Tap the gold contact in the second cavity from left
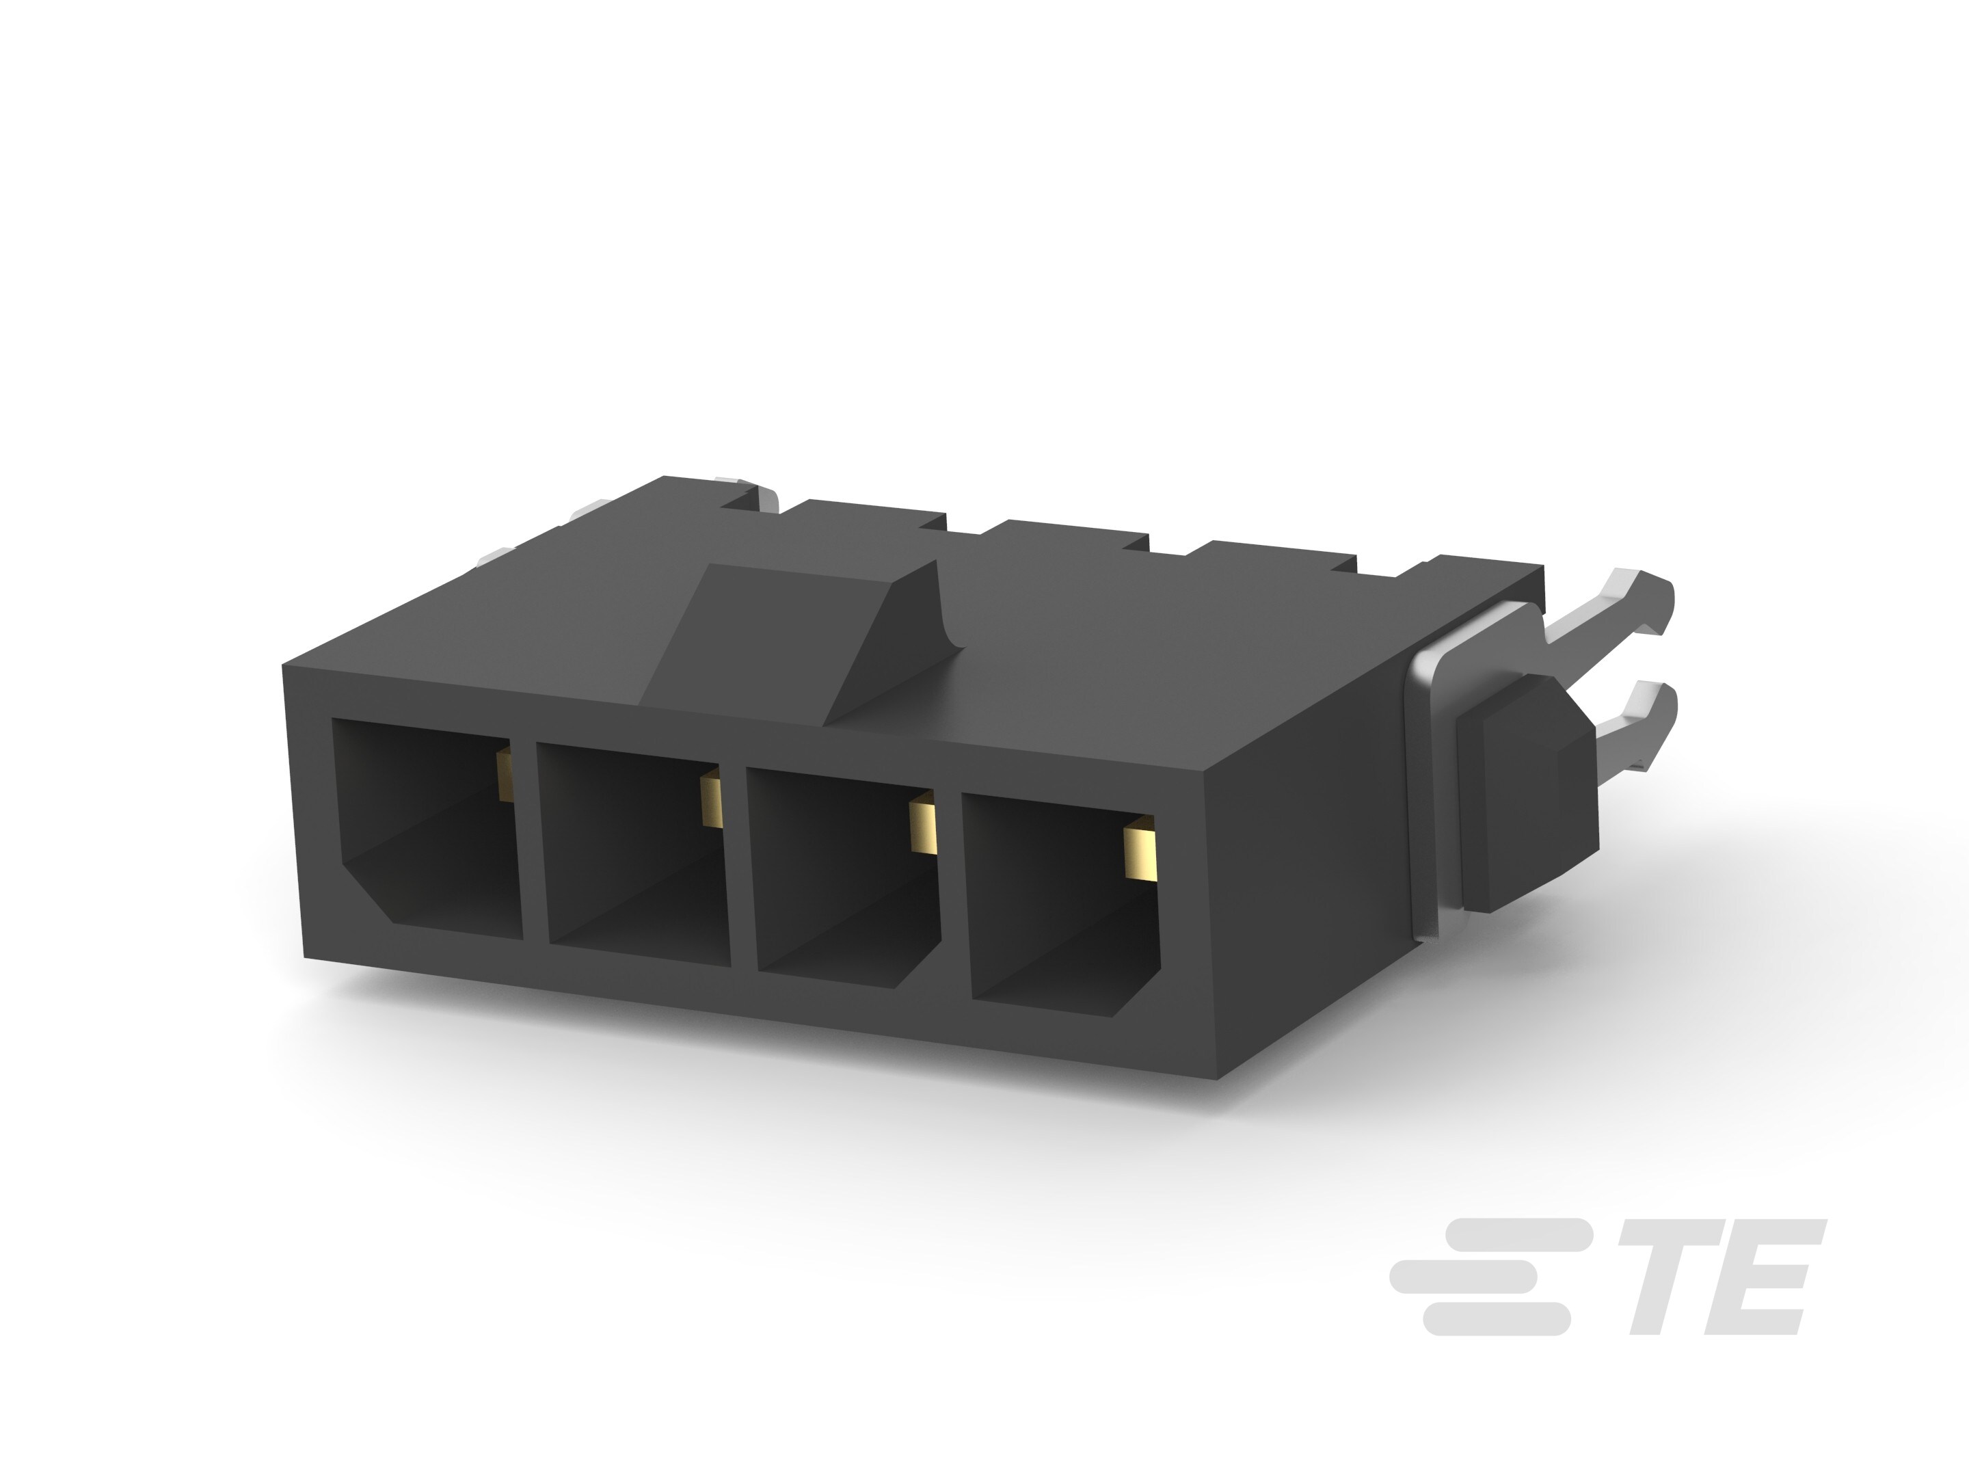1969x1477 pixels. (x=710, y=799)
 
